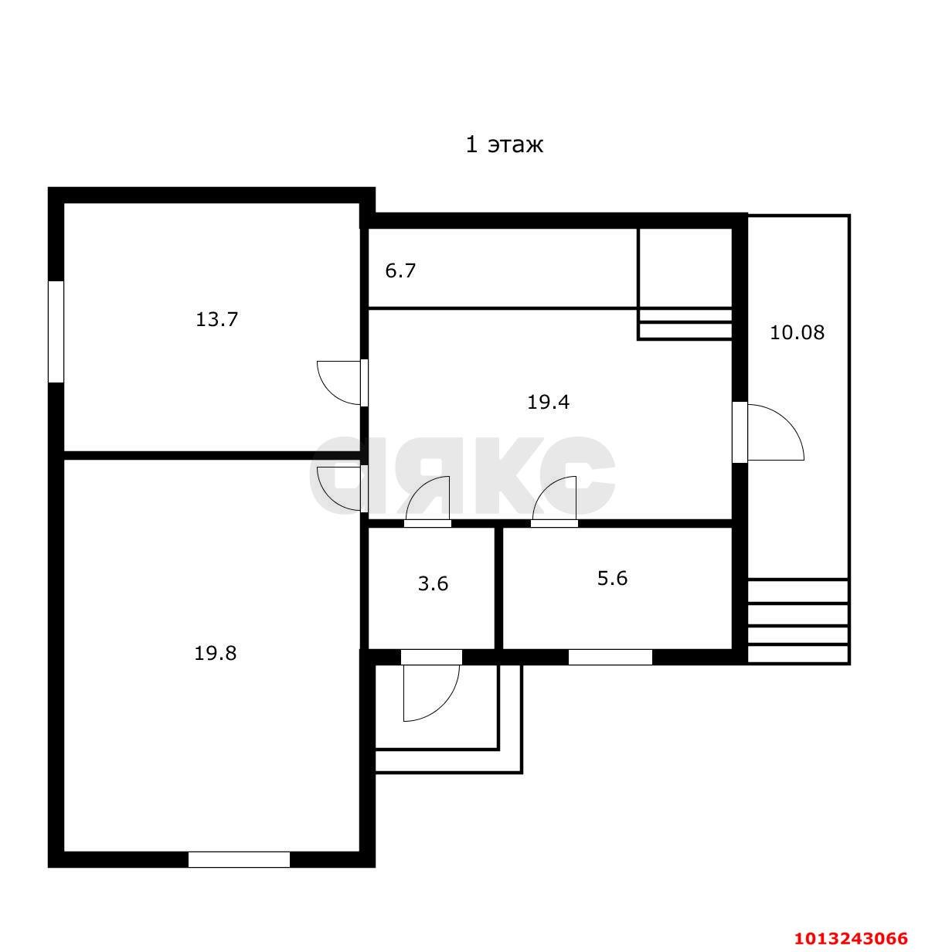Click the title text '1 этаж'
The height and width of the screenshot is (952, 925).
504,145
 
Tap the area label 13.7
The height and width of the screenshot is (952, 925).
216,320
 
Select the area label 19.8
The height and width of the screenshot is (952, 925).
216,653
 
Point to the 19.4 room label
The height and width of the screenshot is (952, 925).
548,402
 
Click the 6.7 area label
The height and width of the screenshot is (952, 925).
400,270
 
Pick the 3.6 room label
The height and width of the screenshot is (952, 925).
433,583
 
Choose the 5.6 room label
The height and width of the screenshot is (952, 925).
612,578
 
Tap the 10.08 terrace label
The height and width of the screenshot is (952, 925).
797,333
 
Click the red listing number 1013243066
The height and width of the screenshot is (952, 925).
851,938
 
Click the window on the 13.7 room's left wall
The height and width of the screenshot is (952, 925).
56,331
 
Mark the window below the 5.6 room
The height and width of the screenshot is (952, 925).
610,657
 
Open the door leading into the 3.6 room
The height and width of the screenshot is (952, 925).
427,499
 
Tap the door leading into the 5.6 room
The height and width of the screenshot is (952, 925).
554,499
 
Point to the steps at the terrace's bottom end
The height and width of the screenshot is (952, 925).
798,621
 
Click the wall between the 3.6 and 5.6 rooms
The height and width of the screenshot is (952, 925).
498,589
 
